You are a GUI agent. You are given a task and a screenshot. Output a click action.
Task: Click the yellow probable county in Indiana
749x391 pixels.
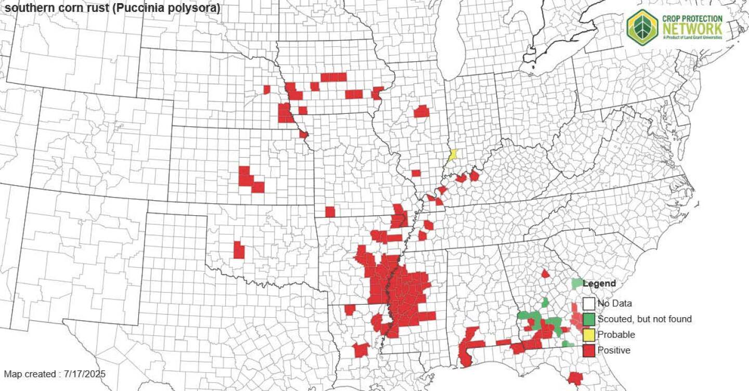point(453,155)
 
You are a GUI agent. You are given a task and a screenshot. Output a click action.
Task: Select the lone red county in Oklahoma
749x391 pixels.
point(239,250)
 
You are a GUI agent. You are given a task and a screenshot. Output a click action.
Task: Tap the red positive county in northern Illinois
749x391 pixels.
point(421,111)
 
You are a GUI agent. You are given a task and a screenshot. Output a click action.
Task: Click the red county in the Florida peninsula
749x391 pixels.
point(575,378)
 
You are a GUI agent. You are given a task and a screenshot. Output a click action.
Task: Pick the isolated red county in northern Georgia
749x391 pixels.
point(545,273)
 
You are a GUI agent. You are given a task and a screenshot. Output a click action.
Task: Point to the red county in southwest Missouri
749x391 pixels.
point(330,212)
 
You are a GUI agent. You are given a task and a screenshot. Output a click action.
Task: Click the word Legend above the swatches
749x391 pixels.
point(599,283)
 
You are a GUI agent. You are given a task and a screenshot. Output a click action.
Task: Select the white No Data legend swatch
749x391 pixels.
point(588,303)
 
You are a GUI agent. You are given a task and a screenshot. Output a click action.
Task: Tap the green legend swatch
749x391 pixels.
point(588,319)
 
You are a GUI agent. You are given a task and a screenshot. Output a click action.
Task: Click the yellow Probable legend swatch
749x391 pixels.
point(588,334)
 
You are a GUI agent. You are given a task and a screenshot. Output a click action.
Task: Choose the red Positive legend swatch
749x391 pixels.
point(588,350)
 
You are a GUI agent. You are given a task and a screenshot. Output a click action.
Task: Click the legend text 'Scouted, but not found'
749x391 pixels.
point(644,319)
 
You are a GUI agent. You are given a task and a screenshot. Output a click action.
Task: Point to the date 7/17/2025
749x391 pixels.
point(85,374)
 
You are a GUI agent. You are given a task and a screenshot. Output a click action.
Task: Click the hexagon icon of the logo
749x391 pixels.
point(642,28)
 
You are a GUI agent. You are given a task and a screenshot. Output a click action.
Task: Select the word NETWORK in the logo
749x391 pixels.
point(692,28)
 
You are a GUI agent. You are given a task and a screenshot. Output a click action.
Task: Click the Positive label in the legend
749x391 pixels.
point(614,350)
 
